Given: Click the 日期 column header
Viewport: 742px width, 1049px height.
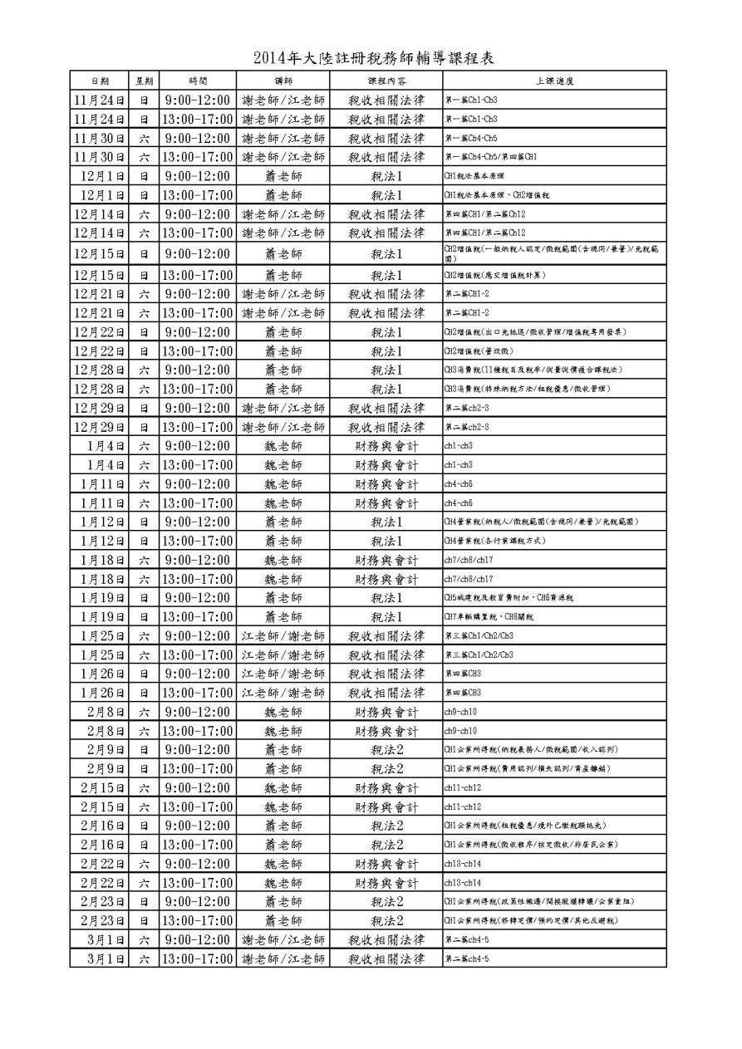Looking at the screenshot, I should [99, 81].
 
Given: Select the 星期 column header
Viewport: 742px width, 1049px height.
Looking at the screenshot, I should [144, 81].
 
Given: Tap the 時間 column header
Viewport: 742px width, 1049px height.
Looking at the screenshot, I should [198, 81].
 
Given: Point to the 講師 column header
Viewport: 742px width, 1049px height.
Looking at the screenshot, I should [283, 81].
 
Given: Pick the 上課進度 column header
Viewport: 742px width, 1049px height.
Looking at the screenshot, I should [553, 81].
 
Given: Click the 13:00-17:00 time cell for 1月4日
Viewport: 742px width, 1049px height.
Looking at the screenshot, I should [198, 464].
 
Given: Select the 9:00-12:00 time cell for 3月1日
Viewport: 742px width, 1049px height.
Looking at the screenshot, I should [198, 939].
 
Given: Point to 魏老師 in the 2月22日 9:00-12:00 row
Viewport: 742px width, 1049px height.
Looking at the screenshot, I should [283, 863].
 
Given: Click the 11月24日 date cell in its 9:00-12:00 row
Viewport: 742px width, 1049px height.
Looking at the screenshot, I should [99, 100].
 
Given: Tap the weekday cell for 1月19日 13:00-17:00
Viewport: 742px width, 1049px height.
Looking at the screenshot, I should [144, 616].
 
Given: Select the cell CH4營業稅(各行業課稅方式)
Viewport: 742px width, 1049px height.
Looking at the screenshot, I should [498, 541].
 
